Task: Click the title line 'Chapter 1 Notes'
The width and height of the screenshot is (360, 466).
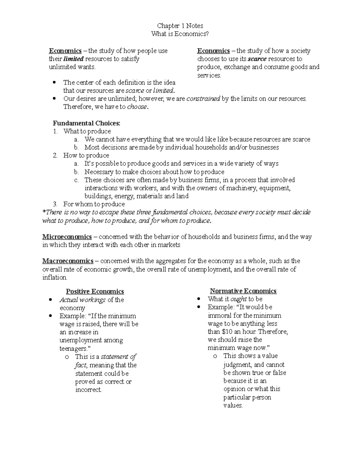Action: [x=180, y=26]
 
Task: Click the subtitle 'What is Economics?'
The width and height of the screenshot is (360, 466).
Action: [x=180, y=34]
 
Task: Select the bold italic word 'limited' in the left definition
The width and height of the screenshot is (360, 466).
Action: [x=73, y=59]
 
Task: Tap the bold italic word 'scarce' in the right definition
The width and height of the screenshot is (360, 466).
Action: [x=257, y=59]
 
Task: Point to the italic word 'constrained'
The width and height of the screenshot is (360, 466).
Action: [x=203, y=99]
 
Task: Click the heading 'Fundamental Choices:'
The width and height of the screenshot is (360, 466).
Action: [x=86, y=123]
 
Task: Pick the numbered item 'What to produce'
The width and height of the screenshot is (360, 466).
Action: [x=87, y=131]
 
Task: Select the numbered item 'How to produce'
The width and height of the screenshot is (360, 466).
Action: [x=86, y=155]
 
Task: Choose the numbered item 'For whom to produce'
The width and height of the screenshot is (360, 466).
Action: [x=94, y=204]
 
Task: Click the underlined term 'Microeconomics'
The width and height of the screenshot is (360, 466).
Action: [x=67, y=237]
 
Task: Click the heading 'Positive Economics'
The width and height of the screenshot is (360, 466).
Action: [x=95, y=291]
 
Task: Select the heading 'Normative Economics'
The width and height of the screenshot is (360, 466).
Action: [x=243, y=291]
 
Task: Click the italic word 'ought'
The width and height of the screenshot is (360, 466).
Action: [x=238, y=299]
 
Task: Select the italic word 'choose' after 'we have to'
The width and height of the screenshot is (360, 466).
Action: [x=137, y=107]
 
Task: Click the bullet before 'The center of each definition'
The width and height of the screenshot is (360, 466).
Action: [x=54, y=82]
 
